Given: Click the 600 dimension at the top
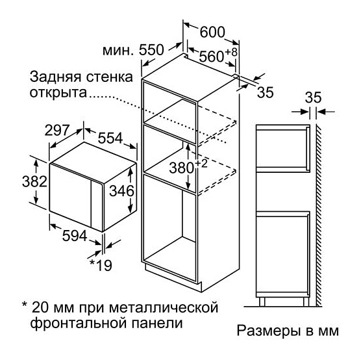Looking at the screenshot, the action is click(x=212, y=32).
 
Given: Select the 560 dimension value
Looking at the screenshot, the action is click(x=211, y=57).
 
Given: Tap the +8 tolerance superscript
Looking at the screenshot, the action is click(x=231, y=51).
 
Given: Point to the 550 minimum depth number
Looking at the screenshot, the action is click(x=151, y=49).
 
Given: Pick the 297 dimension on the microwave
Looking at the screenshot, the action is click(x=57, y=130).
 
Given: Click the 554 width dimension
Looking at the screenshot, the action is click(x=110, y=138).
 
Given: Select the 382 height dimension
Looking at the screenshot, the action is click(x=34, y=181).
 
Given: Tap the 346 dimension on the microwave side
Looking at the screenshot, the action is click(x=121, y=191).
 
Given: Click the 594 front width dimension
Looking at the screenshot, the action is click(x=75, y=236).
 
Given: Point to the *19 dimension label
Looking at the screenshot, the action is click(x=101, y=265).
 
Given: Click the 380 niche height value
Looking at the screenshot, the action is click(x=181, y=168).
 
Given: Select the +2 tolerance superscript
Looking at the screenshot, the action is click(x=201, y=164).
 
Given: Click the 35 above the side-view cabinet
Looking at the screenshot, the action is click(x=313, y=97).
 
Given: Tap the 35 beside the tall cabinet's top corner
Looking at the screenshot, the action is click(x=265, y=92).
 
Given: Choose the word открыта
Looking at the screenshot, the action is click(x=58, y=93).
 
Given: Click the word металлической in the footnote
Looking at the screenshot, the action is click(x=164, y=307).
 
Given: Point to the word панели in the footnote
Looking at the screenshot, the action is click(x=157, y=323).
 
